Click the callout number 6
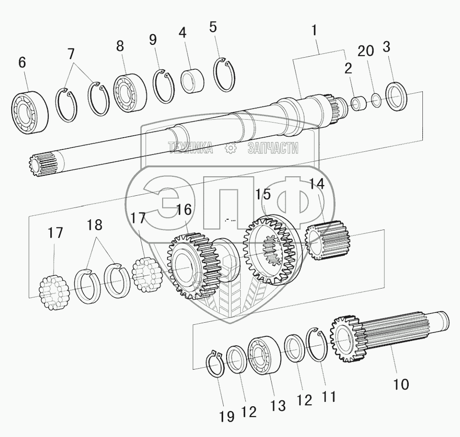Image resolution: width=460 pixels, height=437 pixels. coord(22,62)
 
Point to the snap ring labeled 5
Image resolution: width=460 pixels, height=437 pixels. coord(225,74)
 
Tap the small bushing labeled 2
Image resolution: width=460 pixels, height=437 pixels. coord(359,103)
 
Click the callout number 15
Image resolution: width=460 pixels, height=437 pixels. coord(263,194)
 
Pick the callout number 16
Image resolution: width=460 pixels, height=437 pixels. coord(184,209)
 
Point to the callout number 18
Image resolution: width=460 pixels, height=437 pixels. coord(95,225)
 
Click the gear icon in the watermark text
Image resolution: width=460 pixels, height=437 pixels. coord(230,148)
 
